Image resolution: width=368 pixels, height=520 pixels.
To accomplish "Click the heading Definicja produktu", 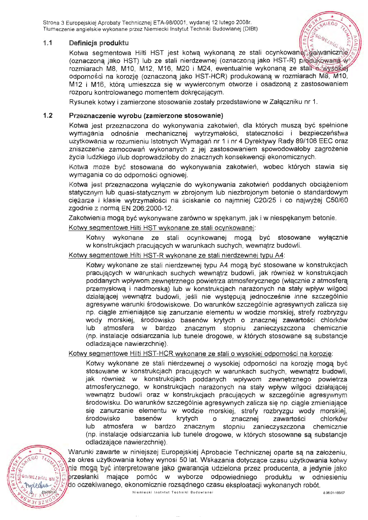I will [98, 43].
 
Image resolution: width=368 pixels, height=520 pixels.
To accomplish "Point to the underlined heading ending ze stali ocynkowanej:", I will [162, 227].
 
